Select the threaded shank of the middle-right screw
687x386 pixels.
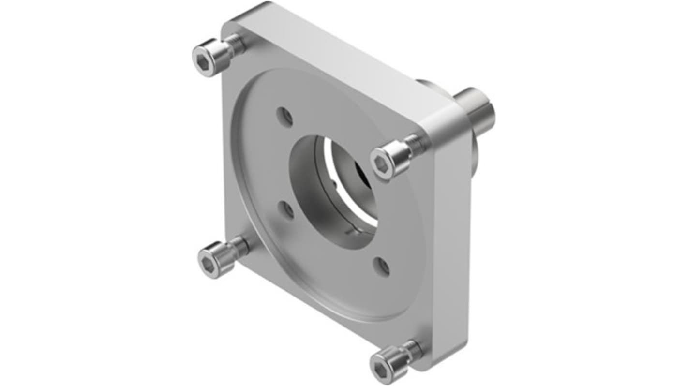pos(414,145)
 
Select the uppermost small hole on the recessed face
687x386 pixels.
pos(285,117)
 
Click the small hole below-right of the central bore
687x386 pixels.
pos(383,267)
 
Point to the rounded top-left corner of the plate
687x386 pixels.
pos(230,24)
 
